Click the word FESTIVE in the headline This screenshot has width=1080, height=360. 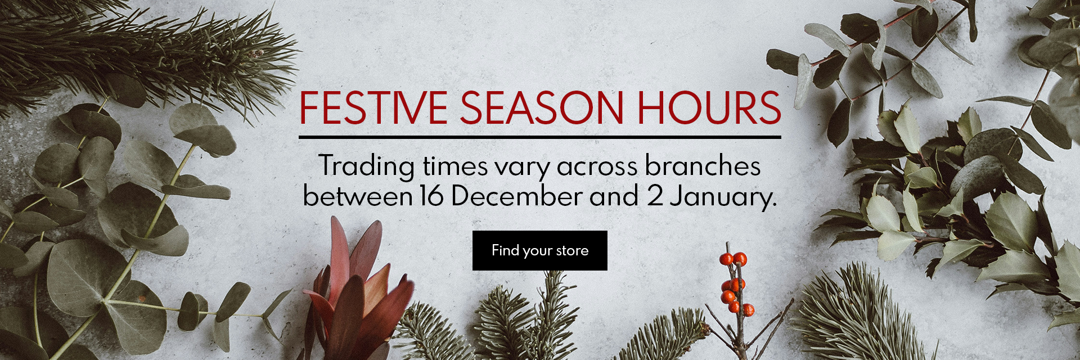(x=373, y=107)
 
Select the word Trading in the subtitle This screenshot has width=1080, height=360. (x=367, y=167)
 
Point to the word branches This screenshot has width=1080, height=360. (x=703, y=166)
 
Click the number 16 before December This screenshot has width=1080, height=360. (x=431, y=196)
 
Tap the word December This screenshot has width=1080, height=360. (x=516, y=196)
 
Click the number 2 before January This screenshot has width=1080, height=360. (x=654, y=196)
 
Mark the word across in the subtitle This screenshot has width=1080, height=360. (x=597, y=168)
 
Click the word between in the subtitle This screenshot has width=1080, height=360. (x=357, y=196)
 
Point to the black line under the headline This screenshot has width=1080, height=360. (x=540, y=137)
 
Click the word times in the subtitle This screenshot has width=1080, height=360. (x=456, y=167)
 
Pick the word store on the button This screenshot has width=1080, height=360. (x=572, y=251)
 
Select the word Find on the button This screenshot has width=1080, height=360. (x=505, y=250)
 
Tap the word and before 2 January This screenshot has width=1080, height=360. (x=614, y=196)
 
